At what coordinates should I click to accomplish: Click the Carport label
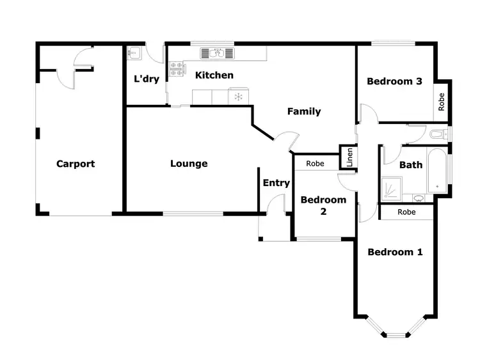tap(76, 164)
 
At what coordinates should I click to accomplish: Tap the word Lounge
tap(189, 164)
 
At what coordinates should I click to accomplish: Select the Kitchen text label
tap(214, 75)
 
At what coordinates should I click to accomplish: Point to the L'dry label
tap(146, 79)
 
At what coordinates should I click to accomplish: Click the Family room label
tap(304, 112)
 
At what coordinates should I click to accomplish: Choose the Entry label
tap(276, 183)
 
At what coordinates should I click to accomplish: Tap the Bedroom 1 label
tap(395, 252)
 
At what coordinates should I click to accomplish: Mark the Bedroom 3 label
tap(394, 81)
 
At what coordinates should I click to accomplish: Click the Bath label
tap(411, 165)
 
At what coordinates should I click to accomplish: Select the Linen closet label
tap(349, 157)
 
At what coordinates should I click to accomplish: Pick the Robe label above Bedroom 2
tap(315, 164)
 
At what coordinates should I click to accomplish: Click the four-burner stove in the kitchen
tap(176, 68)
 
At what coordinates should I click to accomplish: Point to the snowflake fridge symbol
tap(238, 97)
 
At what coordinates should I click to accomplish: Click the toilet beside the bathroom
tap(438, 134)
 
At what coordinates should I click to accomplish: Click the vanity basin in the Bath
tap(418, 198)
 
